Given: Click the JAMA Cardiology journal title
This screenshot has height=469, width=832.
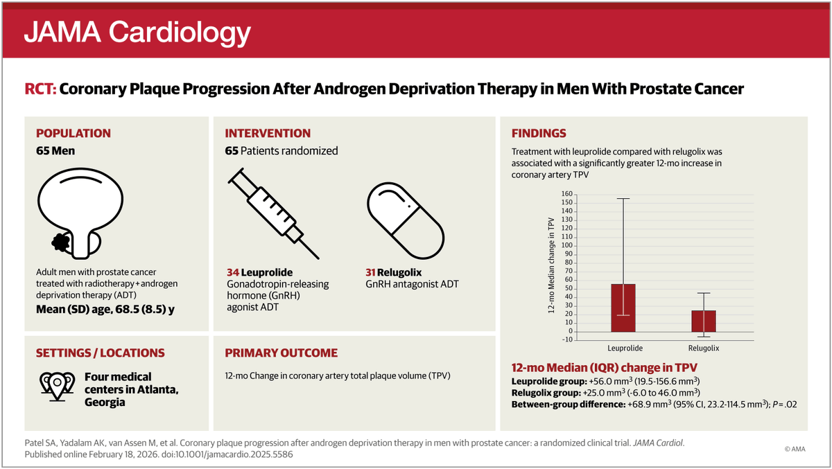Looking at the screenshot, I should (137, 32).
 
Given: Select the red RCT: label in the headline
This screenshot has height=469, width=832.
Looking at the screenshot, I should (40, 89).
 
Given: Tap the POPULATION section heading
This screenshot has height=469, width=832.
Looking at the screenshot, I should (73, 134).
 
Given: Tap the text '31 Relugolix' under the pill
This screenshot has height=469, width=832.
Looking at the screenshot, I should (395, 272).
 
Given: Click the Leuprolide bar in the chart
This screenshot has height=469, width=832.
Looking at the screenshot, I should (623, 308).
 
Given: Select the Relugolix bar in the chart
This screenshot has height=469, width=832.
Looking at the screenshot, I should (704, 321).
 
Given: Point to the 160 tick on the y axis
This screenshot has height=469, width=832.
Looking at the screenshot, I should (566, 195).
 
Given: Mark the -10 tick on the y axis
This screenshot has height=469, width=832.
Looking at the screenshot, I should (566, 339).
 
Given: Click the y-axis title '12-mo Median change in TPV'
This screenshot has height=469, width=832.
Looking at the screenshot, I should (551, 267).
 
